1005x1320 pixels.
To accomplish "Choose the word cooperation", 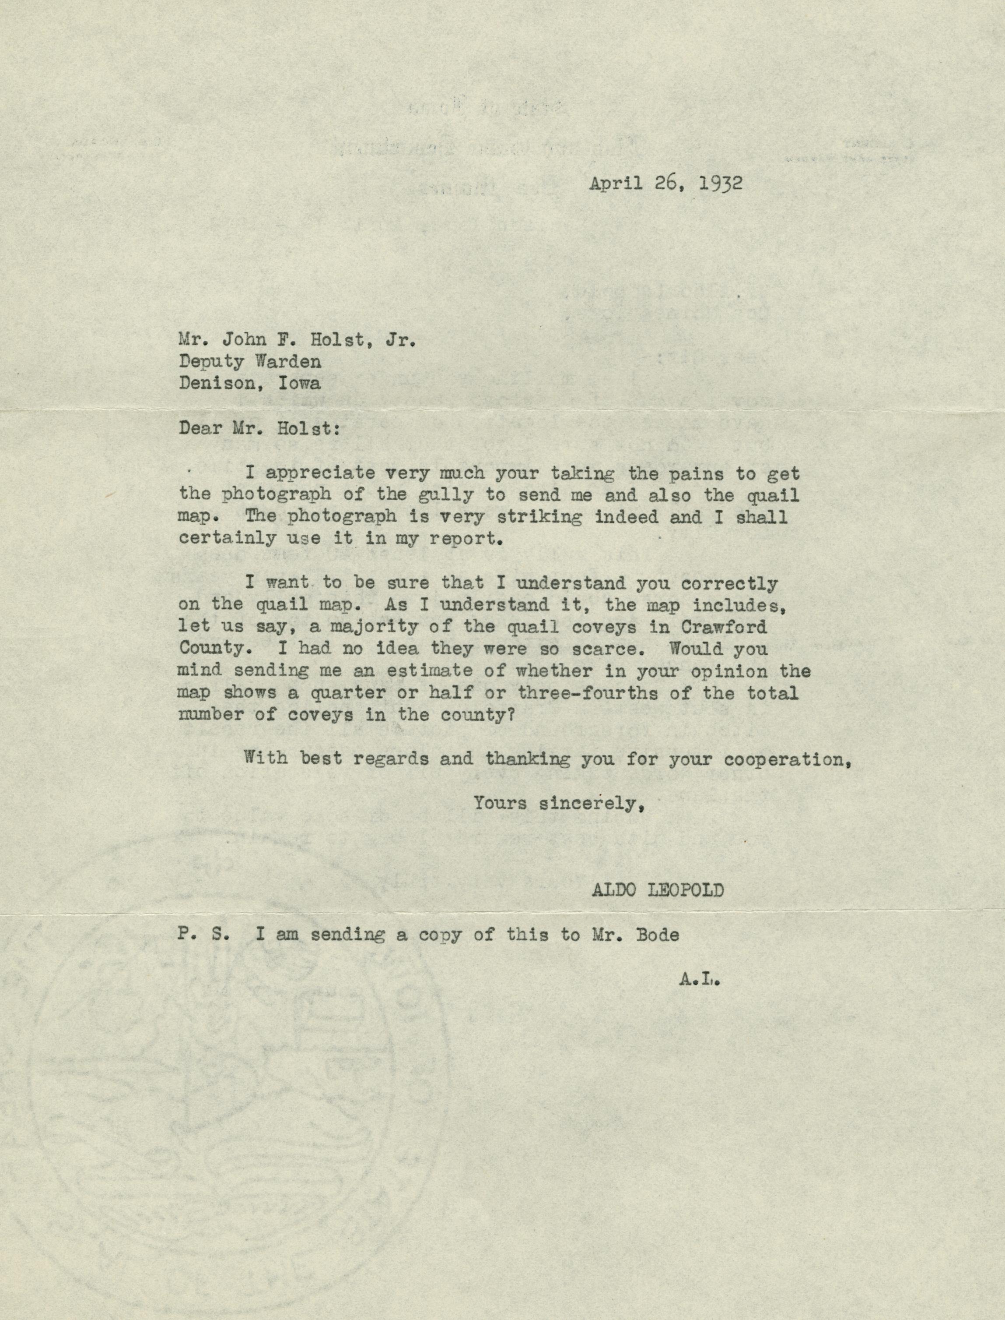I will pos(787,759).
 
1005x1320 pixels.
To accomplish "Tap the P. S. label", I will pos(203,935).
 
